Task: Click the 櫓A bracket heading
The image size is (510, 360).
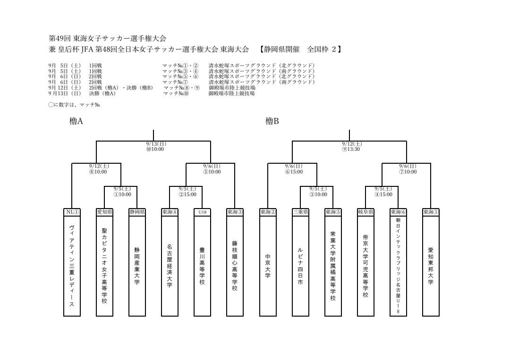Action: click(x=76, y=121)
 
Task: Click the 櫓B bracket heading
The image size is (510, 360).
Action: click(x=272, y=121)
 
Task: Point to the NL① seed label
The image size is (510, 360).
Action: click(x=72, y=212)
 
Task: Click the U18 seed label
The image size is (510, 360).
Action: click(x=202, y=212)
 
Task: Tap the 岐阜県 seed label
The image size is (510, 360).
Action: click(x=365, y=212)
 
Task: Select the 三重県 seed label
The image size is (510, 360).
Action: click(x=300, y=212)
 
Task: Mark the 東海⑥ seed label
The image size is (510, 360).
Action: click(x=398, y=212)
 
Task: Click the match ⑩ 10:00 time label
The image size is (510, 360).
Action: click(x=155, y=149)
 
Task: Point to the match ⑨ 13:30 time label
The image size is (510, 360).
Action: click(x=350, y=149)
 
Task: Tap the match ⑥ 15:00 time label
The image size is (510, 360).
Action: click(x=294, y=172)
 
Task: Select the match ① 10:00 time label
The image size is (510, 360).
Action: click(x=122, y=194)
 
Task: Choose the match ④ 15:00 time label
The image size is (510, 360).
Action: click(x=383, y=194)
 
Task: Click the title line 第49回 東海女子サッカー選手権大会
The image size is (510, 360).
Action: click(x=107, y=38)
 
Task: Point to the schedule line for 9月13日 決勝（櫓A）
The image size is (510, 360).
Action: click(x=152, y=93)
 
